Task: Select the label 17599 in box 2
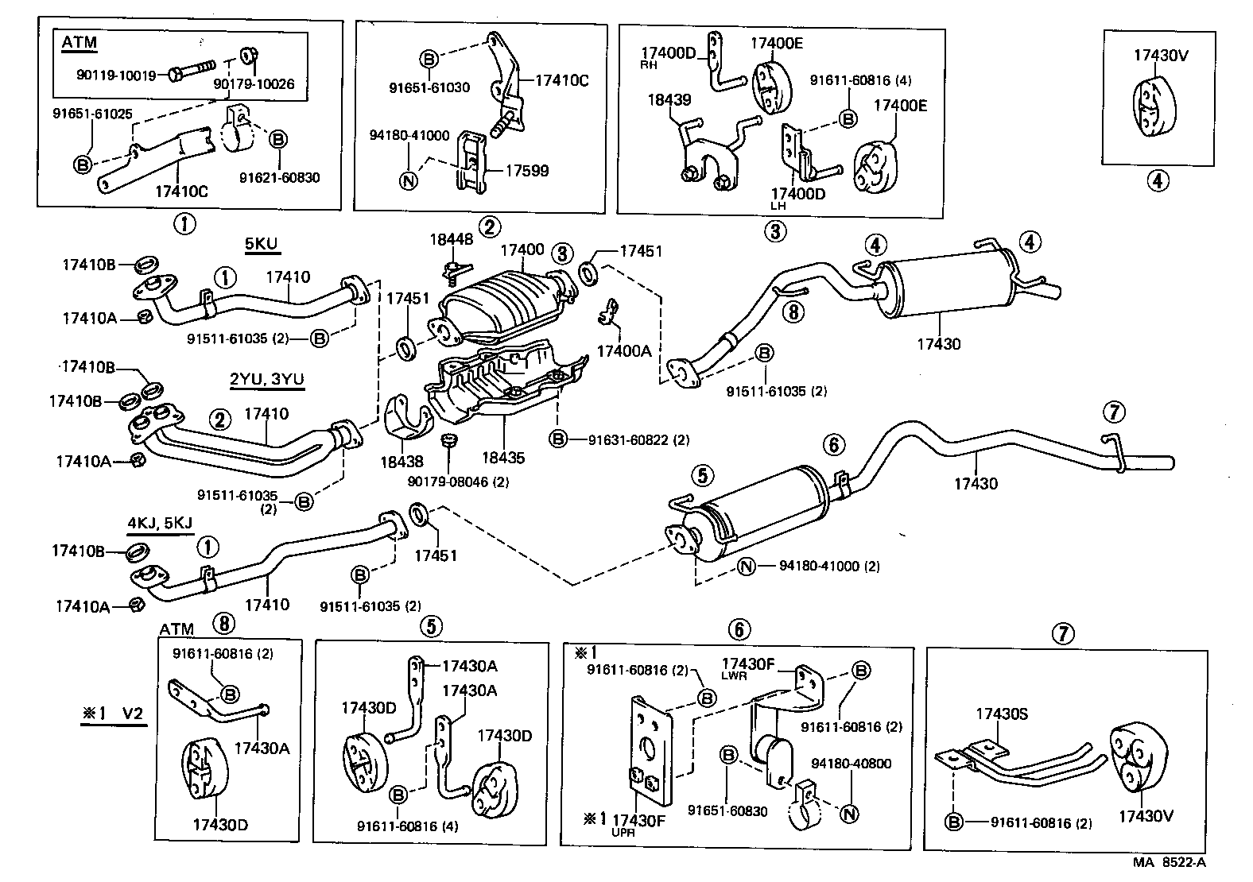pos(528,170)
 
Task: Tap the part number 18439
pos(669,100)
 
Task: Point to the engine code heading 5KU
pos(262,243)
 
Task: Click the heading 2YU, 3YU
pos(266,379)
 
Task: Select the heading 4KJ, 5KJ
pos(160,523)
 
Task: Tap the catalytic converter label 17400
pos(522,250)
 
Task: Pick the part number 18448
pos(452,238)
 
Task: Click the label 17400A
pos(624,350)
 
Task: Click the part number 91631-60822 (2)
pos(638,439)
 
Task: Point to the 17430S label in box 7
pos(1002,714)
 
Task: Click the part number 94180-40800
pos(851,764)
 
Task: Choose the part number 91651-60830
pos(727,810)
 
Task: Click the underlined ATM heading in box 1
pos(79,43)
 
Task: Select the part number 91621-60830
pos(280,177)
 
